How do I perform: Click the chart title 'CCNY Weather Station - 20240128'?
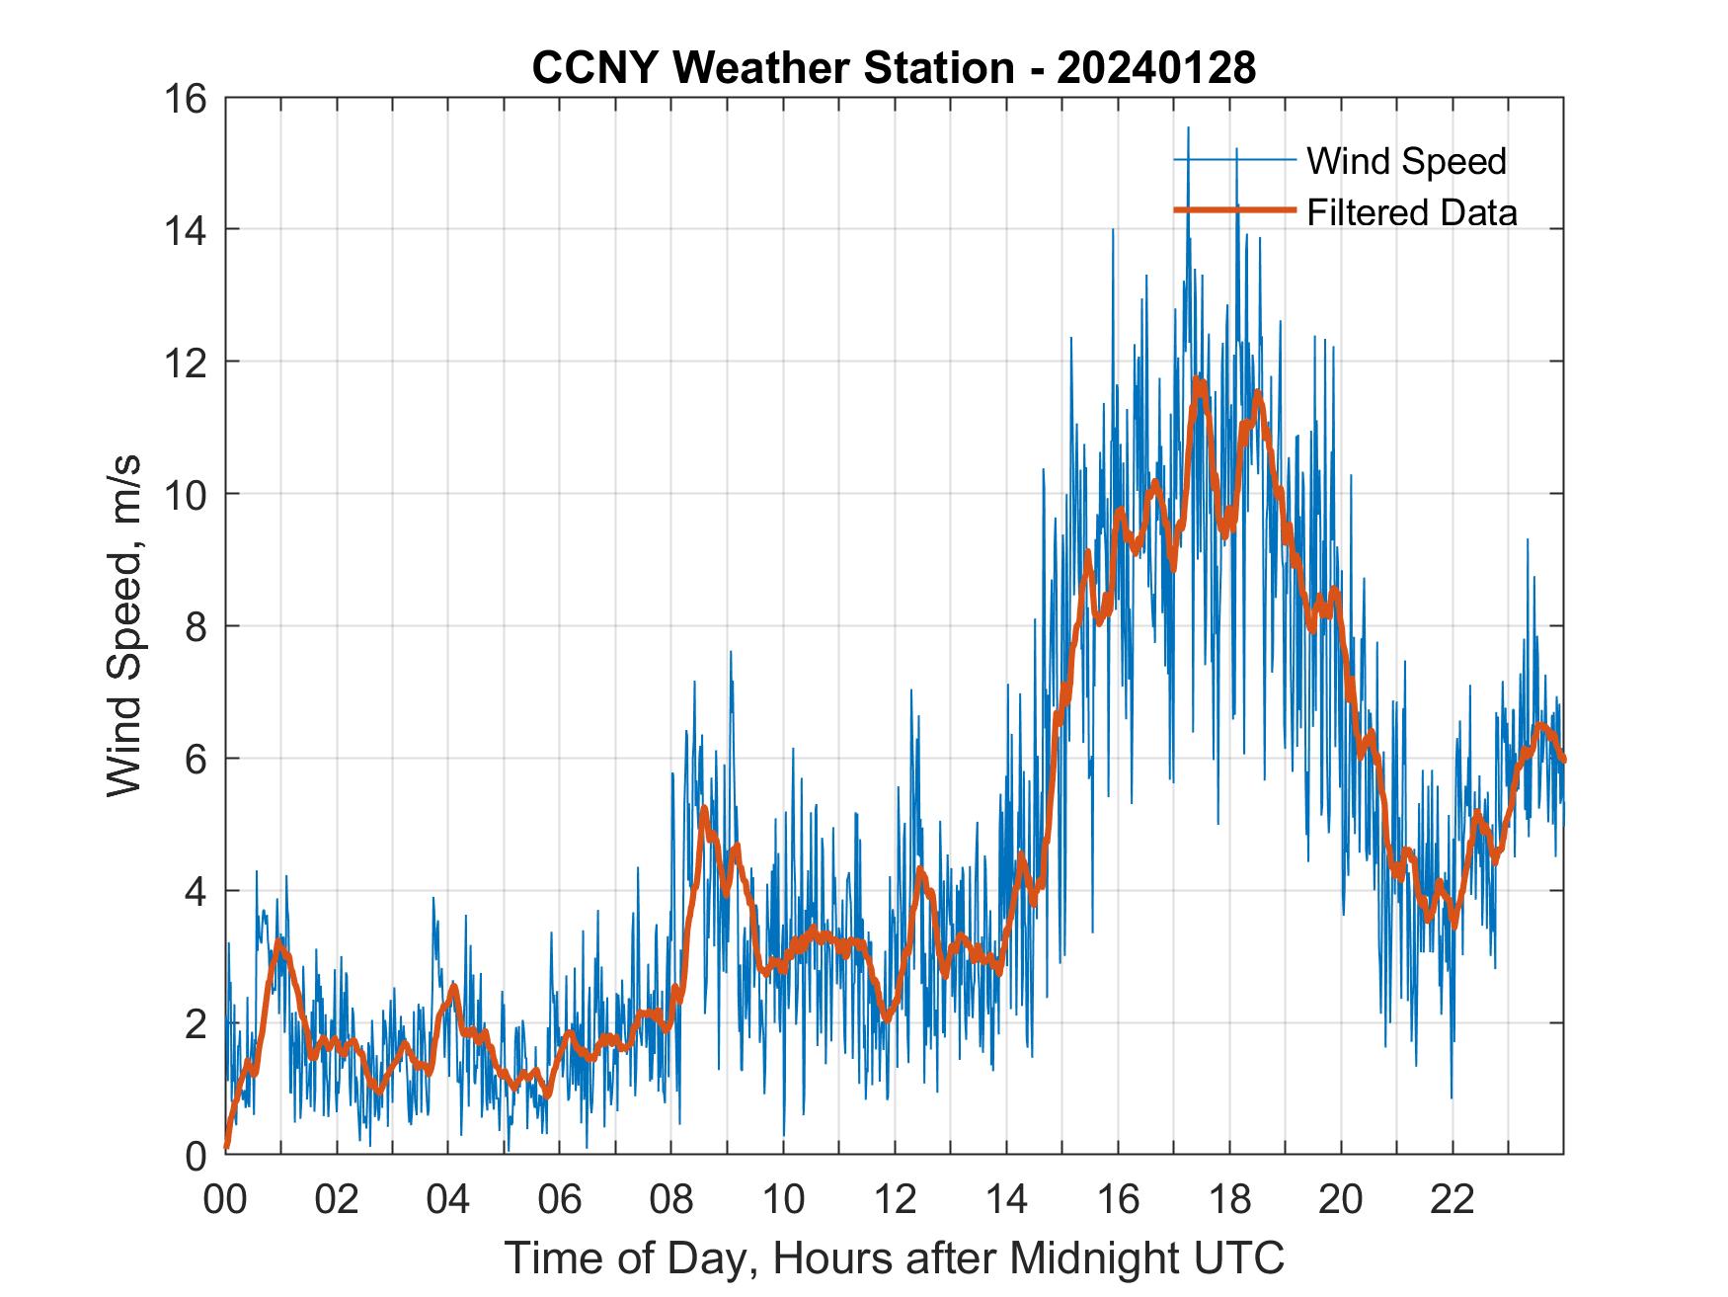pos(894,68)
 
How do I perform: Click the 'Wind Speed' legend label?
pos(1406,161)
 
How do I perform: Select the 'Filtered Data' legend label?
pos(1411,212)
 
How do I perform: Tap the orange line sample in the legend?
pos(1233,210)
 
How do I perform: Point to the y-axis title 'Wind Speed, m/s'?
pos(124,625)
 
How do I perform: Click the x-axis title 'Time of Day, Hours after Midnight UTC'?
pos(894,1258)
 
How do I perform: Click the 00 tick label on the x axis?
pos(225,1199)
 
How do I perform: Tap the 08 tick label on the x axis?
pos(671,1199)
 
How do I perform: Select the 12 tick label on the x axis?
pos(895,1199)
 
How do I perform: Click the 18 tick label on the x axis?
pos(1229,1199)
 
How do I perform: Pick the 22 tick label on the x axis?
pos(1453,1199)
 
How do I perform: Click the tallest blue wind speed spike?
pos(1188,128)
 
